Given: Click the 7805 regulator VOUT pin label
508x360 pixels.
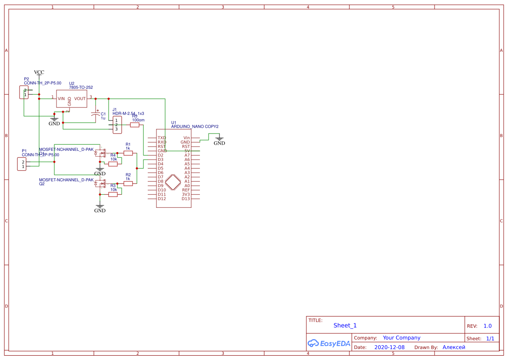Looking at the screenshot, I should [80, 99].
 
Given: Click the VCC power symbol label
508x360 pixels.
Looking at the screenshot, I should [39, 72].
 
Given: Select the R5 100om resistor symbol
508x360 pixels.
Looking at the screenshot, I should [135, 125].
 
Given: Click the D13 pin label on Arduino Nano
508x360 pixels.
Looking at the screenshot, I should [186, 199].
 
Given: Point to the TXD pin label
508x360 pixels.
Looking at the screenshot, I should [162, 138].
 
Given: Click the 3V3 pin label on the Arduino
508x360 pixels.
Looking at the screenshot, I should [186, 194].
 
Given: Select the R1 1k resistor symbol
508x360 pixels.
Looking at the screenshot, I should [128, 153].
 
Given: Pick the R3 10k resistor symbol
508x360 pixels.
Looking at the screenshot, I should [113, 194].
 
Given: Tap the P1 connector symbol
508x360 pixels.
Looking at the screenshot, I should [21, 164].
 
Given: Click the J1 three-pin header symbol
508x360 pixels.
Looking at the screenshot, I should [117, 125].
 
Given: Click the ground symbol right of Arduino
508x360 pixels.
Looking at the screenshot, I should [219, 140].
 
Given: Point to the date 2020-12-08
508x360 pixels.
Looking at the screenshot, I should [389, 347].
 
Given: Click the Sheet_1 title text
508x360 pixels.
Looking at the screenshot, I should [345, 325].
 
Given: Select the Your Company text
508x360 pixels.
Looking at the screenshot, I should [401, 338].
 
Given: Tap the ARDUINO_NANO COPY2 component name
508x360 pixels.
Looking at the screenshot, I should [195, 127].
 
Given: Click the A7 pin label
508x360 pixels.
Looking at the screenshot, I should [187, 155].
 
